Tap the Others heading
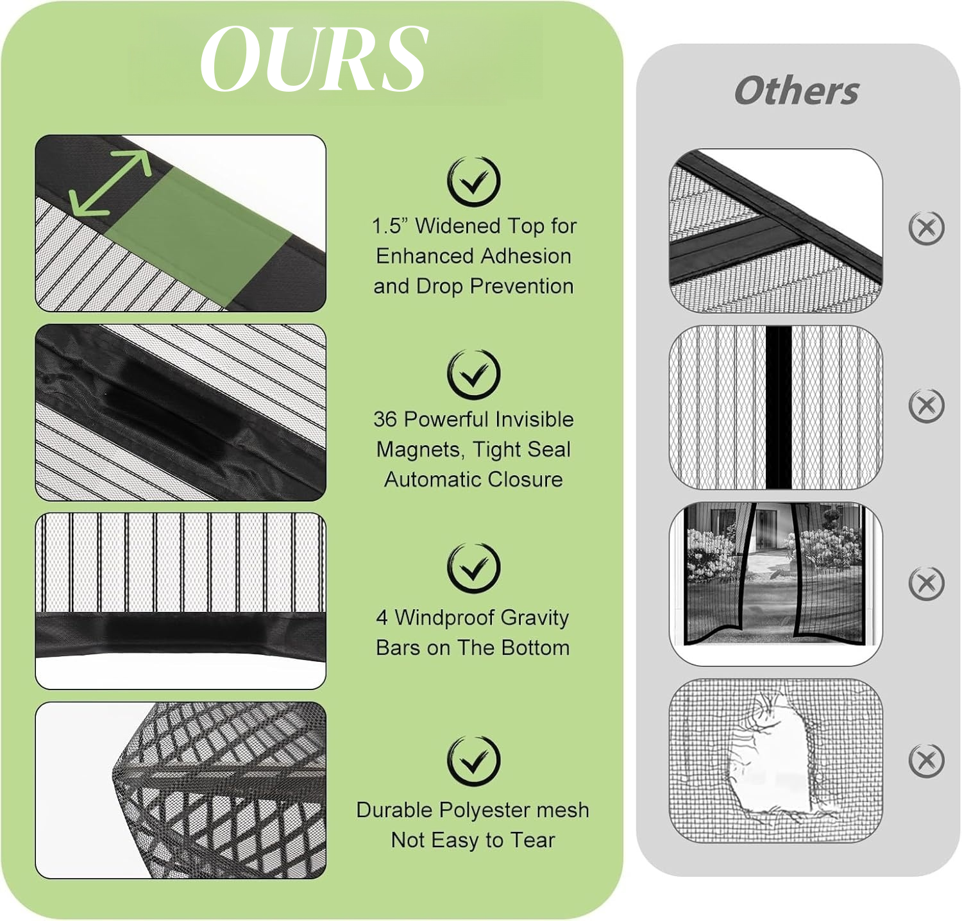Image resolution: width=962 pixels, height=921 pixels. (797, 90)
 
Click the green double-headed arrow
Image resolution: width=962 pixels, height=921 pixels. (110, 183)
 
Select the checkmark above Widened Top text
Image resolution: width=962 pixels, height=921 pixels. (473, 182)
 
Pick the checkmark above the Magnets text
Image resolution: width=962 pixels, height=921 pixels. (473, 375)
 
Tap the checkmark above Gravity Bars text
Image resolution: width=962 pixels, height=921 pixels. (473, 568)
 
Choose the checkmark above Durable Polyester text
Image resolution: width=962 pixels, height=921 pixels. (473, 761)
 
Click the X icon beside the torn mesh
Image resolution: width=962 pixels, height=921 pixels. (927, 761)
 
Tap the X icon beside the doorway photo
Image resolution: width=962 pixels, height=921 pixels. (927, 583)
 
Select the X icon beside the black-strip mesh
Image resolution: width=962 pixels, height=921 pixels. (927, 405)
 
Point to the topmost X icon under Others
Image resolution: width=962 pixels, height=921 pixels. (927, 228)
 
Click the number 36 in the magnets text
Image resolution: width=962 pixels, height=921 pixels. (385, 419)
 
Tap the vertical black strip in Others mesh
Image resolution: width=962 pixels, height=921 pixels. (779, 407)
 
